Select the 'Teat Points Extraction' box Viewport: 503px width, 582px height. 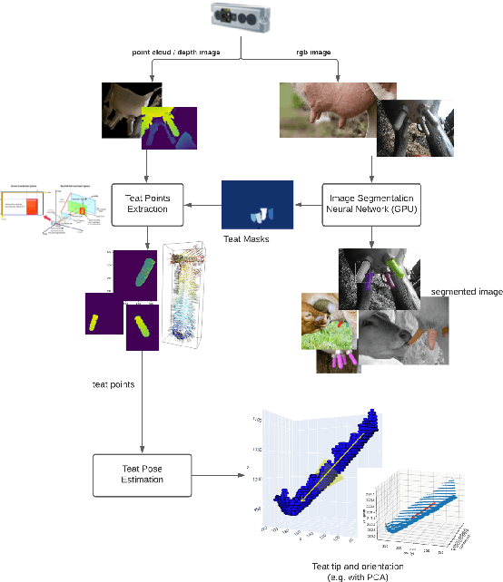click(x=148, y=200)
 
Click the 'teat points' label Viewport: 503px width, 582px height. click(x=116, y=384)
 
